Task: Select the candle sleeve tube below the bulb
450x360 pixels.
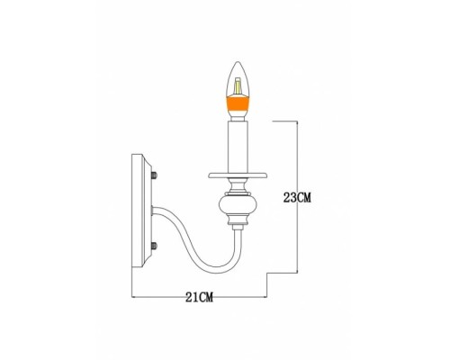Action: (238, 144)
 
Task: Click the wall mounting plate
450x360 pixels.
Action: (145, 213)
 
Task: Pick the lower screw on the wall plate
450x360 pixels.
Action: (156, 246)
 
